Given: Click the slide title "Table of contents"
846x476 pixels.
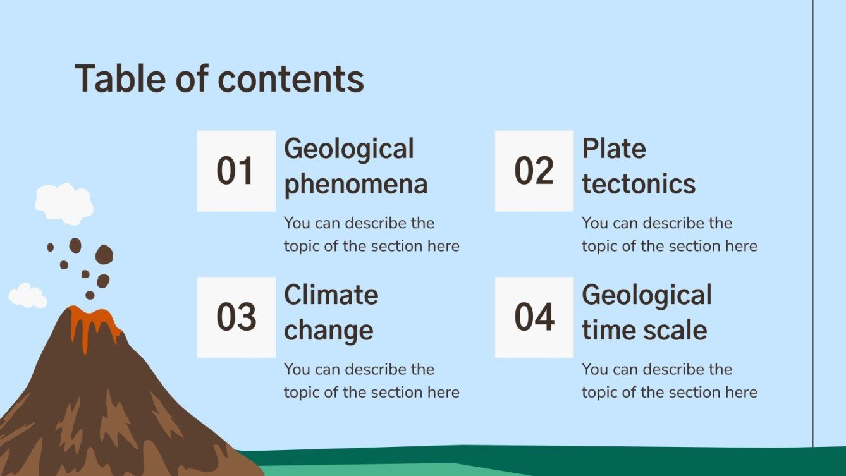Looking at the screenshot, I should pos(219,80).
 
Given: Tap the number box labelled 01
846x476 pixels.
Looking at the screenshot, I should pos(236,171).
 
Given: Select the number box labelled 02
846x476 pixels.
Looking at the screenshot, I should pos(534,171).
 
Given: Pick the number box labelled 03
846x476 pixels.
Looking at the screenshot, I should pos(236,317).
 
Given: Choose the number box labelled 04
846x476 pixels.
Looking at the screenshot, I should pos(534,317).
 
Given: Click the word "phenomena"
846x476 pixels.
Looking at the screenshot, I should pos(355,185).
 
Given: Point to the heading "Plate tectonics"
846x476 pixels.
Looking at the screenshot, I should pos(638,166).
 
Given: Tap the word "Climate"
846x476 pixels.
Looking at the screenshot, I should pos(331,295).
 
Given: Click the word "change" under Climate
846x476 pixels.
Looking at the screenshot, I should pos(328,331).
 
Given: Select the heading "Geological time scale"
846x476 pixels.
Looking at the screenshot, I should pos(646,312).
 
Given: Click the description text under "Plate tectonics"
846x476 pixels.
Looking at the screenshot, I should pos(669,235).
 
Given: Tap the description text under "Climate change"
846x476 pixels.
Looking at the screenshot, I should pos(371,381).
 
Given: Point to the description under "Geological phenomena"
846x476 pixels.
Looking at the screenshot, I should pos(371,235).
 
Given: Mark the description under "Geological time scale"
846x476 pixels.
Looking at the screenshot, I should pos(669,381).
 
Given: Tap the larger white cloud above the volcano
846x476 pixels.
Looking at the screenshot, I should pos(64,202).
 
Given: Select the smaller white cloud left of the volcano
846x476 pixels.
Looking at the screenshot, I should pos(27,296).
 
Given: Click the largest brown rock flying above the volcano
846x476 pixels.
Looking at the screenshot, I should pos(104,254).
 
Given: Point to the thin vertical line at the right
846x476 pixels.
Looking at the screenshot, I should pos(812,221).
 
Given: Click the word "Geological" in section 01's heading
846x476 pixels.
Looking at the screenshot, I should pos(348,149).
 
